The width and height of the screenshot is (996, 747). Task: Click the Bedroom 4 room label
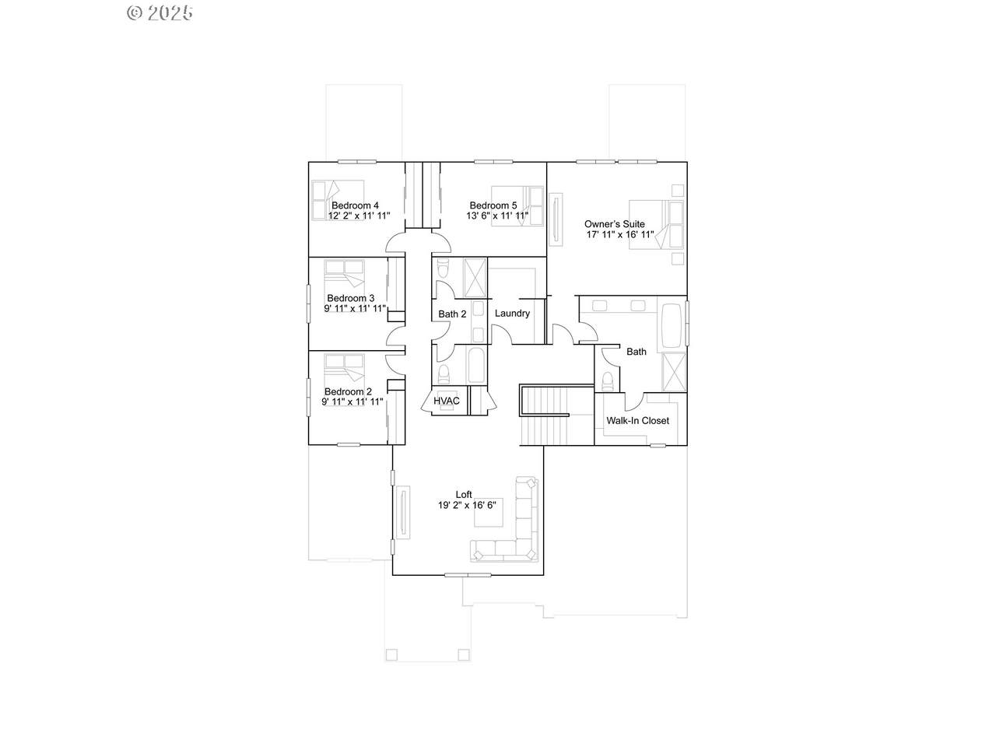pos(355,205)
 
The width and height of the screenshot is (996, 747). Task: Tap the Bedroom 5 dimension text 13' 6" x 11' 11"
pos(497,216)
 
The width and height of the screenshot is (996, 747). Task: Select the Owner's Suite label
pos(615,224)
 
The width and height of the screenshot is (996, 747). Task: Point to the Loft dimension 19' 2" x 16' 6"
pos(467,505)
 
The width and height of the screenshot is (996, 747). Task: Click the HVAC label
pos(447,401)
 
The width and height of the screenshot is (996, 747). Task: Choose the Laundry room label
pos(512,314)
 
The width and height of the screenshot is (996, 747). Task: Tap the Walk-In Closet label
pos(637,421)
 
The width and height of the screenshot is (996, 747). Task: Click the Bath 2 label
pos(452,314)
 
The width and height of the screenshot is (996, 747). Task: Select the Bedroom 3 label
pos(351,299)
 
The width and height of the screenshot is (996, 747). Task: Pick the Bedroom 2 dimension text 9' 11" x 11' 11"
pos(352,402)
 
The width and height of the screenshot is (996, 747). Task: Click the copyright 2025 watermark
pos(160,13)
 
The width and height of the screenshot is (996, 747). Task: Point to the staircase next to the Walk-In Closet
pos(557,415)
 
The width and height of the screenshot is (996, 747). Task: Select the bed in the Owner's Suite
pos(656,225)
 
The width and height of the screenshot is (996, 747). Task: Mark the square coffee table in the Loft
pos(489,513)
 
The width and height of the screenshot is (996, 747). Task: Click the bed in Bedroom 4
pos(338,201)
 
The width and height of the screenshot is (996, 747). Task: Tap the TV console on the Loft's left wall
pos(403,513)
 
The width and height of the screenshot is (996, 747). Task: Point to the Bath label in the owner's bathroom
pos(637,352)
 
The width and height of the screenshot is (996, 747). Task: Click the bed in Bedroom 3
pos(345,279)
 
